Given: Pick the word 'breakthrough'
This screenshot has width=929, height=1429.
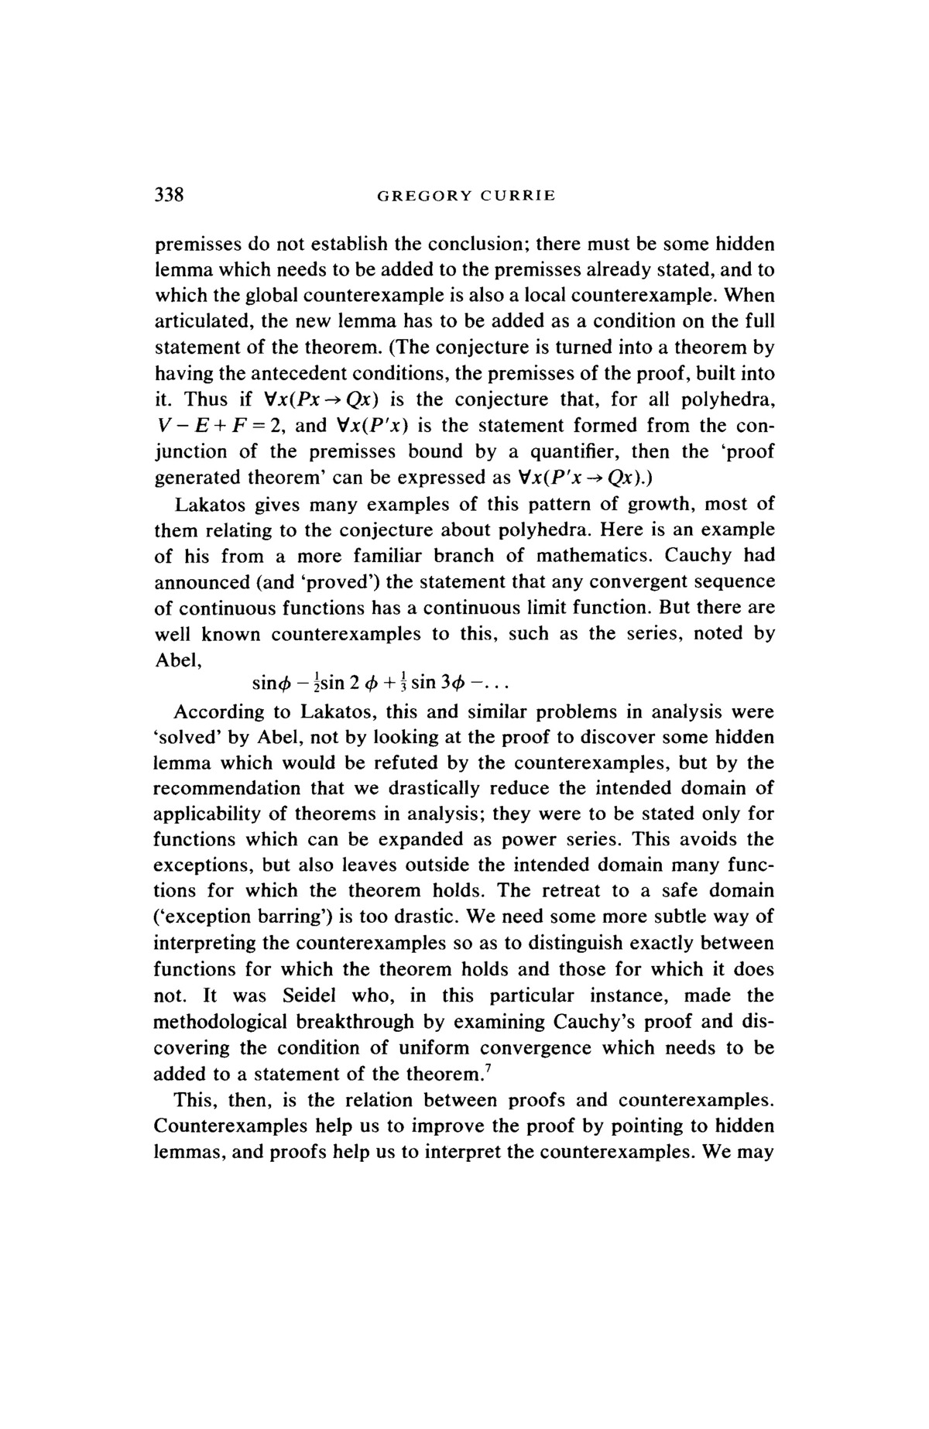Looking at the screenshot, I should pyautogui.click(x=351, y=1022).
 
